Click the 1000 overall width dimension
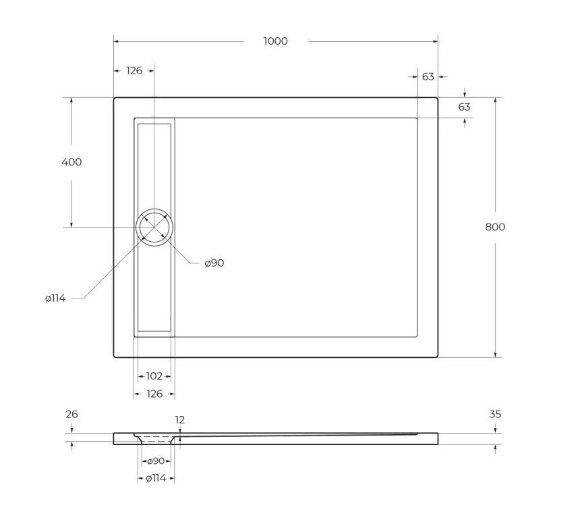(275, 41)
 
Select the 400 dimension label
(71, 162)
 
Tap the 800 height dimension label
(495, 227)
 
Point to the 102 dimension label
(154, 376)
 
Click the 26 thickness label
(71, 415)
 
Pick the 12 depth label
(180, 420)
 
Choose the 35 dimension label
(495, 415)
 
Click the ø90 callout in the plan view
(214, 263)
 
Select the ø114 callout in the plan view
(55, 298)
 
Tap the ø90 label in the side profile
(156, 461)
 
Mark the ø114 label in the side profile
(156, 478)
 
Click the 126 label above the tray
(134, 70)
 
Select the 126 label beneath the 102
(154, 394)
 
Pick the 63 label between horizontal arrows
(428, 77)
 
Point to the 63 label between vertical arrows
(464, 107)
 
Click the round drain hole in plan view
(154, 227)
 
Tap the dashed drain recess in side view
(156, 439)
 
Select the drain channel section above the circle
(154, 165)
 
